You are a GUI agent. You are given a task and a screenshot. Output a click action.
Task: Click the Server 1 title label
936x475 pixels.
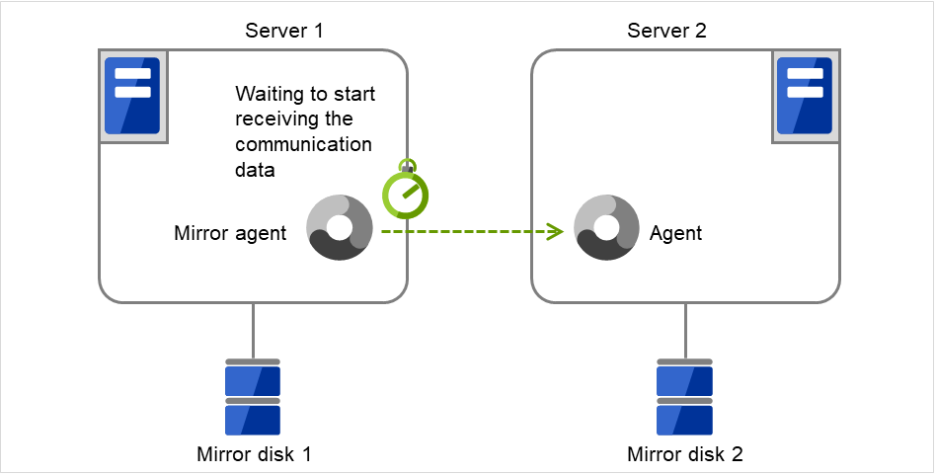tap(283, 31)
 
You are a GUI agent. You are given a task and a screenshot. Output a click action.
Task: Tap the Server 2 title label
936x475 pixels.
tap(666, 31)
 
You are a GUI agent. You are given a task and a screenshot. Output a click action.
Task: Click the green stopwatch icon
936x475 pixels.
tap(406, 194)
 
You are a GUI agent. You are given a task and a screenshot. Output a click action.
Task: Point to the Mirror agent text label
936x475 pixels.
tap(230, 234)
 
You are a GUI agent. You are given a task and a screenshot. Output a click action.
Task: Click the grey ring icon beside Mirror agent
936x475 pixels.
tap(340, 227)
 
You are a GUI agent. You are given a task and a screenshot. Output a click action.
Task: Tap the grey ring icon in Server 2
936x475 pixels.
tap(607, 227)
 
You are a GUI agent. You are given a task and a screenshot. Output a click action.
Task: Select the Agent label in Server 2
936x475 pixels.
tap(676, 234)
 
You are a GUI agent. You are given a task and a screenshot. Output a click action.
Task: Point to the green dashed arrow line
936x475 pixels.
tap(464, 232)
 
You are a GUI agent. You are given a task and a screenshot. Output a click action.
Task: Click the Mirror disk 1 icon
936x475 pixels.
tap(253, 397)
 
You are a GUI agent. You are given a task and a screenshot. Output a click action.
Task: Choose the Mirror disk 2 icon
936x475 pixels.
tap(684, 397)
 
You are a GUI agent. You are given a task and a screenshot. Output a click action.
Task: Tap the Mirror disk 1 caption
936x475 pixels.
tap(254, 455)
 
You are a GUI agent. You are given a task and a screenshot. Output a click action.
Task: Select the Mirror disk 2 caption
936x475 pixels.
tap(685, 455)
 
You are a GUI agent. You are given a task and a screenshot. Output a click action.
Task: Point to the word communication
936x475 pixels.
tap(303, 145)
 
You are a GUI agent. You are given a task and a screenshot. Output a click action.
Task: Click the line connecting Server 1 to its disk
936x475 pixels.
tap(253, 331)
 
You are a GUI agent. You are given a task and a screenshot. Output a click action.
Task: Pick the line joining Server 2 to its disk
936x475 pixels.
tap(685, 331)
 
